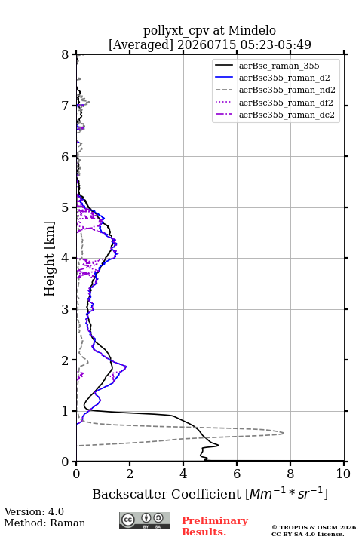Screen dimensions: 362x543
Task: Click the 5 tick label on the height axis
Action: tap(65, 207)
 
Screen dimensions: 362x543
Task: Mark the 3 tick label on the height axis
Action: tap(65, 309)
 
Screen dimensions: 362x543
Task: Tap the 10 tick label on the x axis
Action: tap(343, 474)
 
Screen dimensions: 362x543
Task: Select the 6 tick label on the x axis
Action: tap(237, 474)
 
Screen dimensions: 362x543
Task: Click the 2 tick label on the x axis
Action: tap(130, 474)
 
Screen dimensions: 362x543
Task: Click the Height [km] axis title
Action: tap(50, 259)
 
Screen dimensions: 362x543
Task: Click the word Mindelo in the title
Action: tap(252, 30)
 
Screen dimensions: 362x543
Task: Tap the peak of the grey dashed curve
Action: tap(284, 433)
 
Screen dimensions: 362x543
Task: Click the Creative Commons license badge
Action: tap(145, 520)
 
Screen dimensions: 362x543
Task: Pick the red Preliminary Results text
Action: tap(215, 526)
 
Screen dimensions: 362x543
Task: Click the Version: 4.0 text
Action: tap(34, 511)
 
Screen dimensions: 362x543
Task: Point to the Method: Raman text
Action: tap(44, 523)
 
